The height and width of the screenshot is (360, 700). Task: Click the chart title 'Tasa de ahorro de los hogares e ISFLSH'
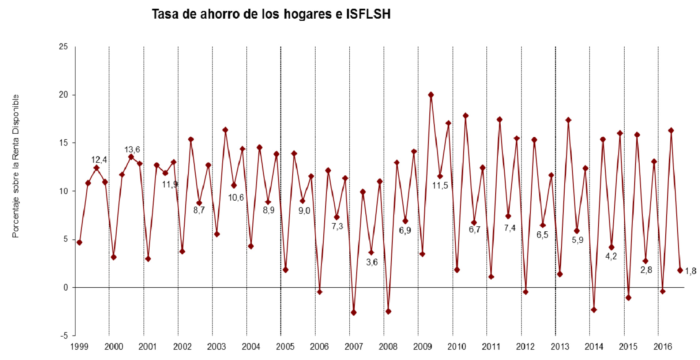click(271, 14)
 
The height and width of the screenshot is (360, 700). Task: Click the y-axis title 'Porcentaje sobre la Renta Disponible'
click(15, 166)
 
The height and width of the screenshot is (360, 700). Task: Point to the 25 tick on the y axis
click(64, 47)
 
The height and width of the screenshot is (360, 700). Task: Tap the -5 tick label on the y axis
click(64, 336)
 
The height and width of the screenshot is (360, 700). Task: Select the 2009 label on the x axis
click(422, 346)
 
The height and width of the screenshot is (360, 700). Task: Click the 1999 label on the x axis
click(79, 346)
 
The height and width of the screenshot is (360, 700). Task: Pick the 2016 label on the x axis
click(663, 346)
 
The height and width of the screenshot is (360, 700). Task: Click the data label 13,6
click(132, 149)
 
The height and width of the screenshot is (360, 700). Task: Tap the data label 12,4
click(99, 160)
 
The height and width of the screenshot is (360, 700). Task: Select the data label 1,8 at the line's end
click(690, 271)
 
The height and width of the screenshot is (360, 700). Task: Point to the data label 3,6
click(372, 262)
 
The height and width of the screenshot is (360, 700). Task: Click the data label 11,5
click(440, 186)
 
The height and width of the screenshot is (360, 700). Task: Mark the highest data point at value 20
click(431, 95)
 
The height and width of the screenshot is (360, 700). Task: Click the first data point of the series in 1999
click(79, 242)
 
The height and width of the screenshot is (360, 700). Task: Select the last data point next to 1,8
click(680, 270)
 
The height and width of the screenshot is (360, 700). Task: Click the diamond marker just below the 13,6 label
click(131, 157)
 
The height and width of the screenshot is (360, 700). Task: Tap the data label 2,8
click(646, 270)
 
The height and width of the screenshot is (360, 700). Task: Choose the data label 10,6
click(236, 198)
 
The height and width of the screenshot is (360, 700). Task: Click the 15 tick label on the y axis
click(64, 143)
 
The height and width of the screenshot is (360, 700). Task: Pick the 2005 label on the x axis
click(285, 346)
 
